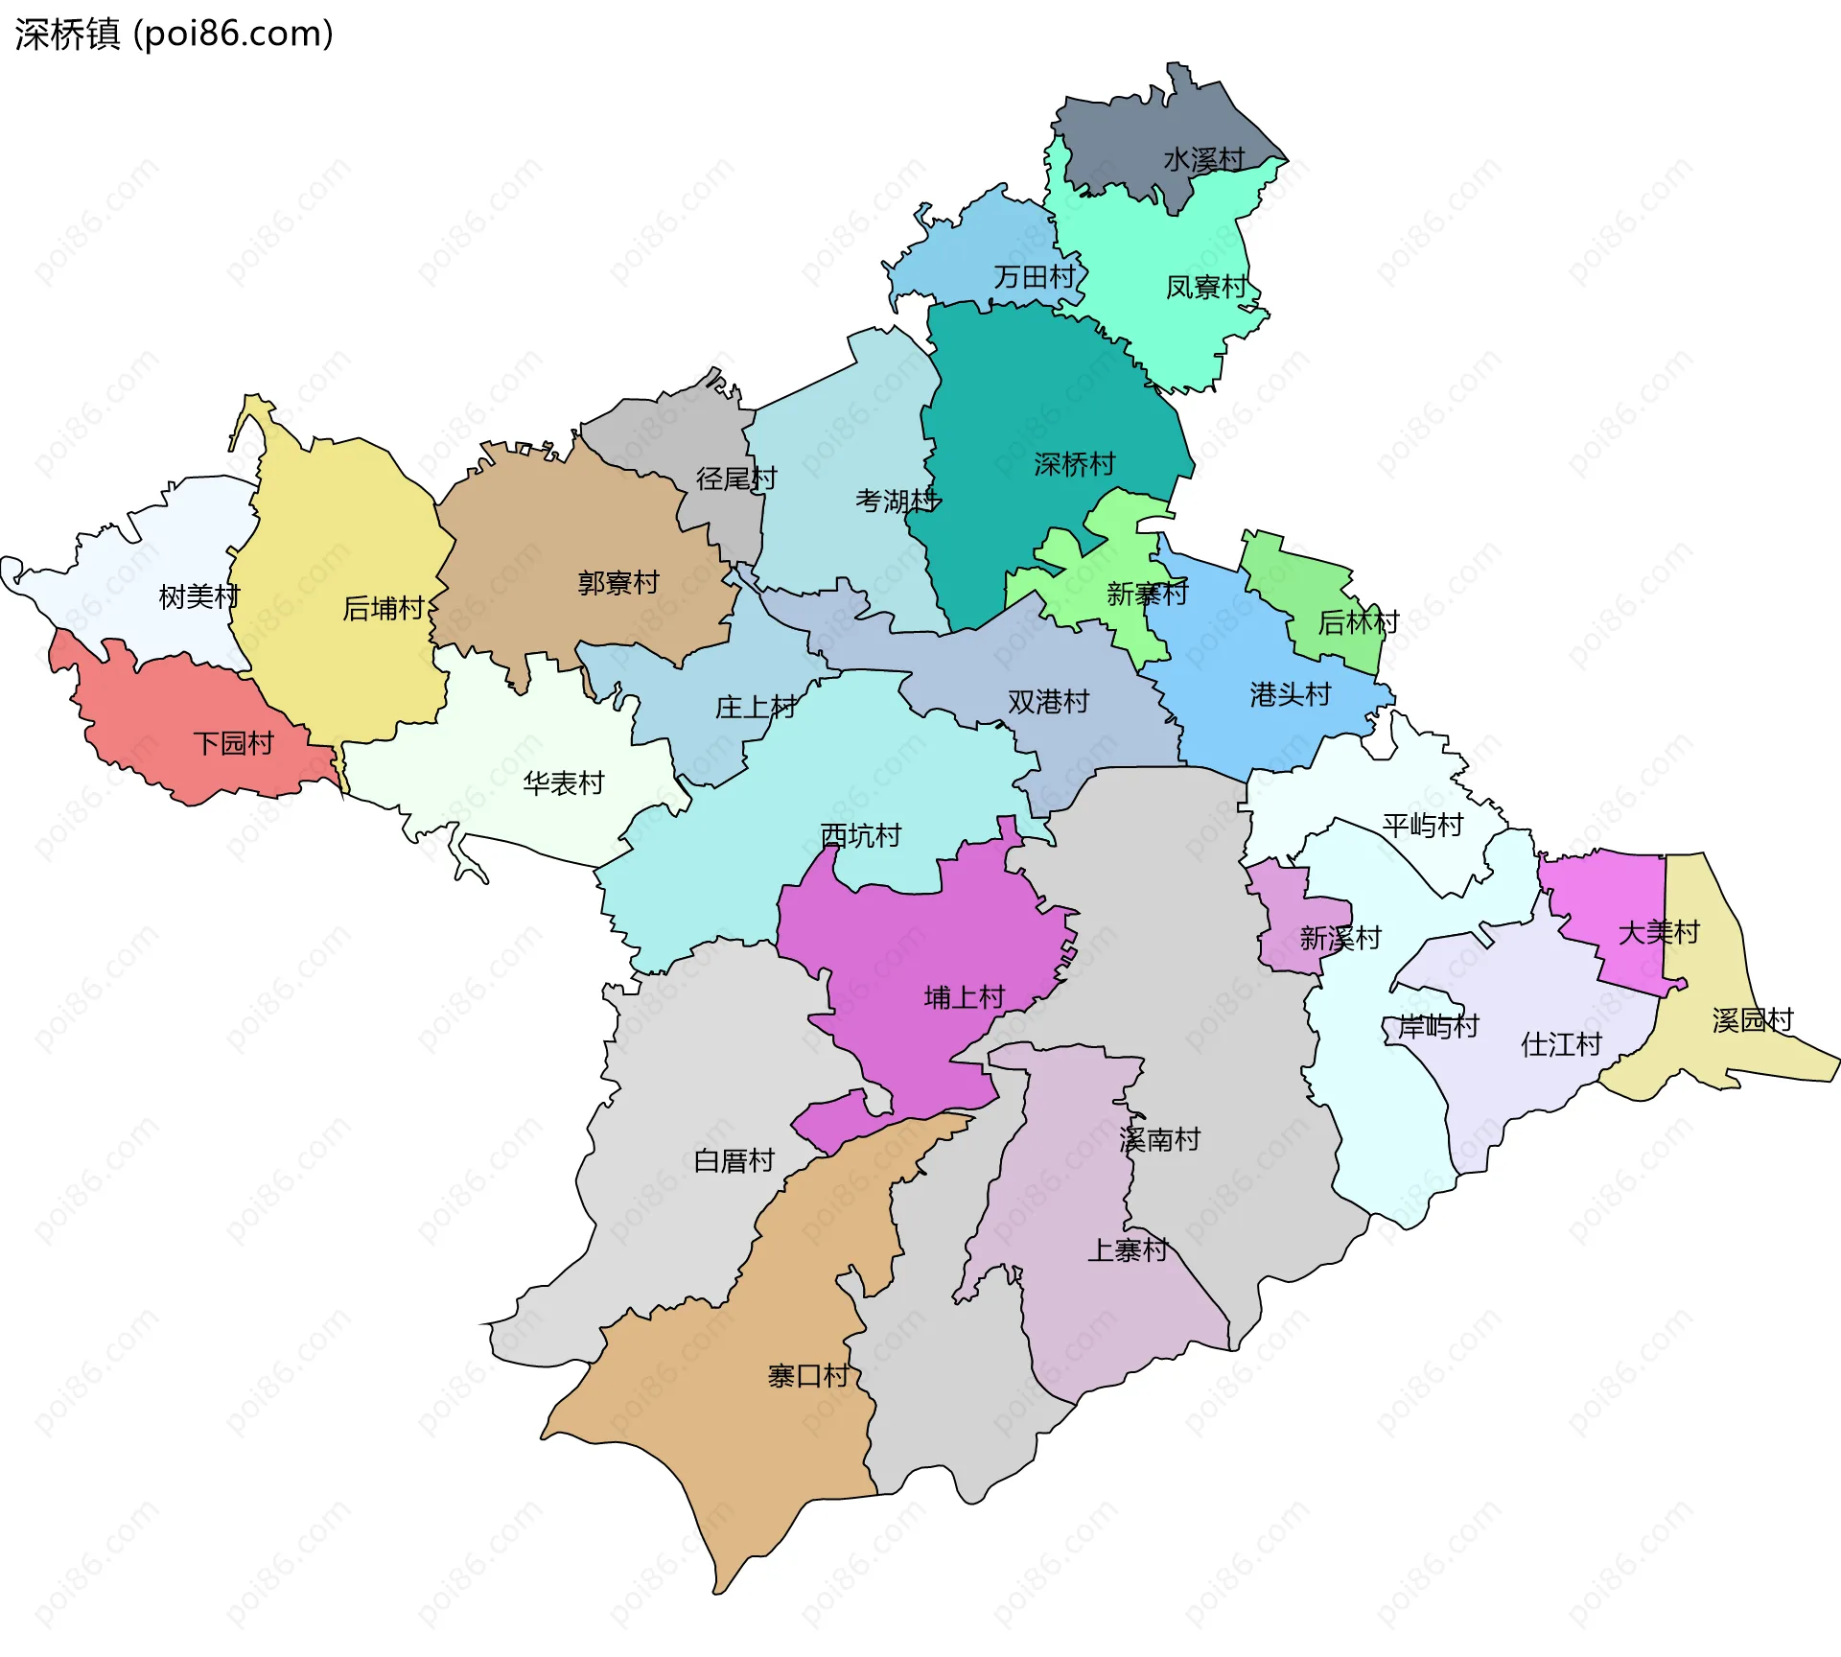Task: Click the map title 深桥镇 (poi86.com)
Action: coord(174,34)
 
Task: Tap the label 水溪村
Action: coord(1203,159)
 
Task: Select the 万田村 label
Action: coord(1035,277)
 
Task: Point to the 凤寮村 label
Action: coord(1205,287)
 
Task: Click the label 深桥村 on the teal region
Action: coord(1074,464)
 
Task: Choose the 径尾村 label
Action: coord(735,478)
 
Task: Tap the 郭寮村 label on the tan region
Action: coord(618,582)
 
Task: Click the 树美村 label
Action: coord(198,596)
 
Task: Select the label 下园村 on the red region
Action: coord(233,743)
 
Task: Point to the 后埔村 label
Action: coord(383,608)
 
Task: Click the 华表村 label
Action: coord(563,783)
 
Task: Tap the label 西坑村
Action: coord(860,835)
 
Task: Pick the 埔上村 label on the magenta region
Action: coord(964,997)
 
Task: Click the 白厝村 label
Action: coord(734,1160)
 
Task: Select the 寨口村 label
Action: coord(807,1376)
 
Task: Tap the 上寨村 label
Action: coord(1127,1249)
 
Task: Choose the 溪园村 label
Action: coord(1752,1019)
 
